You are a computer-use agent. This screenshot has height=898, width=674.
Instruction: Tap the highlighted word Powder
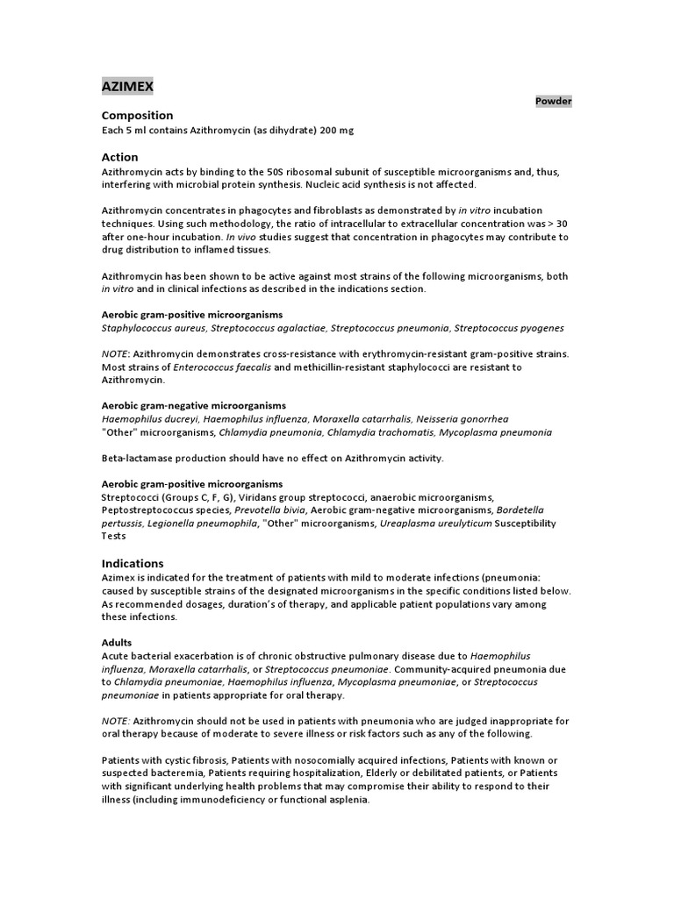554,101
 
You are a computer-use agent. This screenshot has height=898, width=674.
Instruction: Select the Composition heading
137,115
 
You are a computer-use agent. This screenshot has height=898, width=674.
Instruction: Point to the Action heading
120,157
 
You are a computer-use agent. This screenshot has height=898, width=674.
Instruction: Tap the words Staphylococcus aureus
152,328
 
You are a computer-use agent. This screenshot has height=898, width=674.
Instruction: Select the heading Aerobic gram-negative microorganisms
194,406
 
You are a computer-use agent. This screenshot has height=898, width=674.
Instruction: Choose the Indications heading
133,563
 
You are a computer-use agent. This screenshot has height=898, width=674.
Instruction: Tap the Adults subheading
117,643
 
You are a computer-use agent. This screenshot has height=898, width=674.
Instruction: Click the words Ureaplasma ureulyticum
434,524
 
